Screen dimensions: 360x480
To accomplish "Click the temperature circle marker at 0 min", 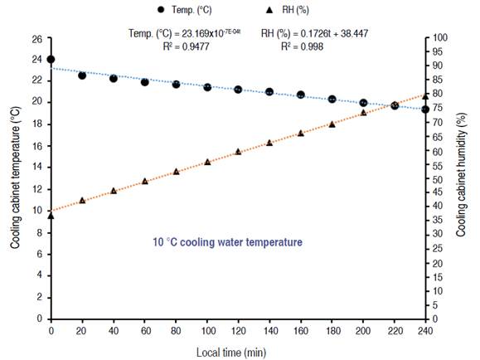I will [x=51, y=60].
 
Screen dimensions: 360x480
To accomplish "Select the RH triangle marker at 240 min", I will [x=425, y=96].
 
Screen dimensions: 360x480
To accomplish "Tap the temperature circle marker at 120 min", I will [x=238, y=89].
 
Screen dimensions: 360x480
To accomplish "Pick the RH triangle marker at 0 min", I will [x=51, y=216].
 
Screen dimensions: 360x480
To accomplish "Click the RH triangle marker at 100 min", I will [x=207, y=162].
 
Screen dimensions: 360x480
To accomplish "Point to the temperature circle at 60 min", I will [x=144, y=82].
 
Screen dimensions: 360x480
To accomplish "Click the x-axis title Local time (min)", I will [x=238, y=352].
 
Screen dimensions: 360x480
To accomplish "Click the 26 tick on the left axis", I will [x=36, y=39].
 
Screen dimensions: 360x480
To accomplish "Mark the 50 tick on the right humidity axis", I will [x=439, y=179].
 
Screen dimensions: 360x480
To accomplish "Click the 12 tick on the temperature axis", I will [x=36, y=189].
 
